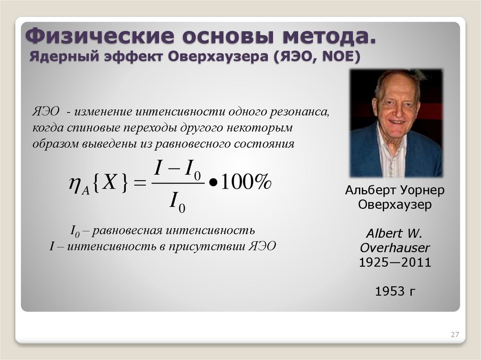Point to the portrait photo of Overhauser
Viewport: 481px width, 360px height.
pos(396,123)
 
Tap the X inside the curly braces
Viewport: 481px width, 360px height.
pos(109,182)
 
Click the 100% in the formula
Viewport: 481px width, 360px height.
pos(246,183)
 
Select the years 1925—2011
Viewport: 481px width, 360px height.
pos(395,262)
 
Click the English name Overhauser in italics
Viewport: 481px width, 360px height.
pos(395,248)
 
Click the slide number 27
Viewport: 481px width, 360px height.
pos(454,334)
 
